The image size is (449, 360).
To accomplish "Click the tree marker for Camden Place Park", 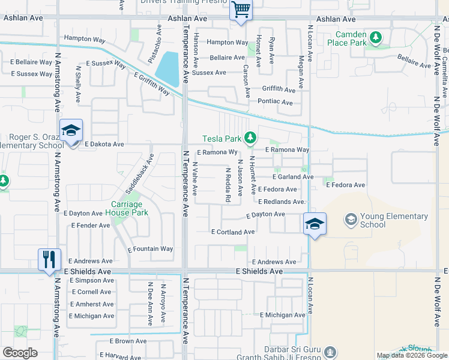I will pos(376,38).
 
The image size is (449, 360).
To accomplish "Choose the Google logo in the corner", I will pos(20,353).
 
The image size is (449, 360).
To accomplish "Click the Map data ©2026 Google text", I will pos(411,355).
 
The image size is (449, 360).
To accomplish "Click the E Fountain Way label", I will pos(150,249).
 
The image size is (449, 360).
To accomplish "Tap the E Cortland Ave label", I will pos(233,232).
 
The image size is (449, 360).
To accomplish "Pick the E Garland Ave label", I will pos(292,177).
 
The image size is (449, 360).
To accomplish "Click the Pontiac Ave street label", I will pos(274,103).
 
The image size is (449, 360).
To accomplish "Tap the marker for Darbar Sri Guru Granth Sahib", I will pos(330,352).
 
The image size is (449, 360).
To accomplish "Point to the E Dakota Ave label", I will pos(104,145).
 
